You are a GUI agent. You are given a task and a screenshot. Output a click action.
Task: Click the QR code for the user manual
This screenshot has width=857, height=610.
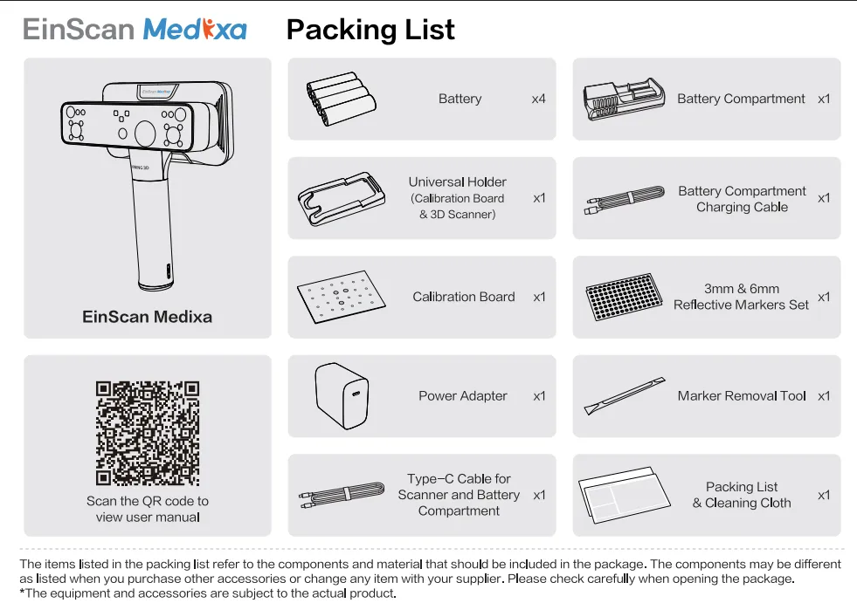[148, 433]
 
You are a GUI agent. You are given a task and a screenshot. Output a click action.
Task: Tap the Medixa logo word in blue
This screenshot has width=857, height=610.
[195, 30]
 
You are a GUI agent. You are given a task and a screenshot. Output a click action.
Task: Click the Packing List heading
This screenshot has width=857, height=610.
[370, 30]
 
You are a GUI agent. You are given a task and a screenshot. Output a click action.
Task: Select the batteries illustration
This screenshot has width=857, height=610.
[341, 99]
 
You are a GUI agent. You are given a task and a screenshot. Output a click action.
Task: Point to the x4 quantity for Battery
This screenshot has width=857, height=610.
[538, 99]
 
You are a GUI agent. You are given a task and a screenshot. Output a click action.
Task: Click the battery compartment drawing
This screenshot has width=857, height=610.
[624, 99]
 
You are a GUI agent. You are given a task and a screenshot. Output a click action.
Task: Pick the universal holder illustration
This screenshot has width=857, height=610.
[342, 199]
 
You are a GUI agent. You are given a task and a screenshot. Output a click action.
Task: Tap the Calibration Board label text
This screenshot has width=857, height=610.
[464, 297]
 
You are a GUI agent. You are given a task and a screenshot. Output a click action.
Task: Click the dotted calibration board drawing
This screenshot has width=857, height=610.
[342, 297]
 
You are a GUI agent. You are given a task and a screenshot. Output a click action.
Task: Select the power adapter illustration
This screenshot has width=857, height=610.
[342, 396]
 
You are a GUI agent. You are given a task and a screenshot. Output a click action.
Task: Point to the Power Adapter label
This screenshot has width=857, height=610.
[462, 396]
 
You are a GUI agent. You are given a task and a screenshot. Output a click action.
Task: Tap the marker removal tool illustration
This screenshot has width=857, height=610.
[625, 395]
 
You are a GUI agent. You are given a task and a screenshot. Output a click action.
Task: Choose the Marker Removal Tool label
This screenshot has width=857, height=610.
[742, 396]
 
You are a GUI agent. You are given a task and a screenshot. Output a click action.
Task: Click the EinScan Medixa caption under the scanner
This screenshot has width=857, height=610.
[147, 317]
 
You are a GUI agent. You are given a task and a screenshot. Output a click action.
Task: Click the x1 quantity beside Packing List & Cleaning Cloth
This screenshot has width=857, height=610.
[824, 496]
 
